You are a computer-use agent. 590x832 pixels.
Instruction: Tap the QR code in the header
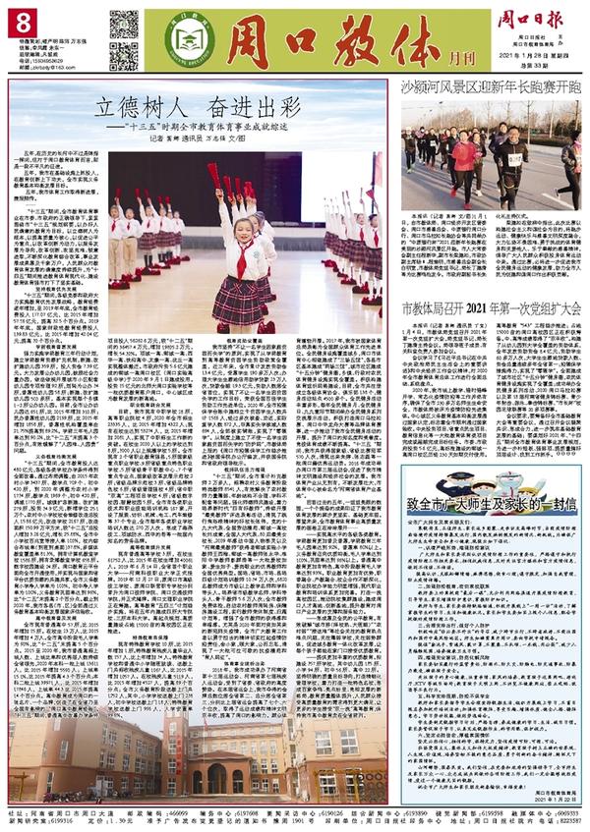click(123, 28)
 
